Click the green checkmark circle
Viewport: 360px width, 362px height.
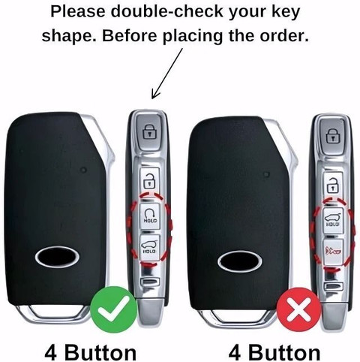(114, 309)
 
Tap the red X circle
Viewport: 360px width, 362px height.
(298, 309)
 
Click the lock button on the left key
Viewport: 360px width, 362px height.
(149, 132)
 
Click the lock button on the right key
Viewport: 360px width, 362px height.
(332, 136)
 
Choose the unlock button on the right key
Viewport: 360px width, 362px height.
(332, 186)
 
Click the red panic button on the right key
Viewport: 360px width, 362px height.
(333, 252)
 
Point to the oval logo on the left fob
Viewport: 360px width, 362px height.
(57, 257)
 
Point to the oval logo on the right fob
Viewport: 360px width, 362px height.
(240, 261)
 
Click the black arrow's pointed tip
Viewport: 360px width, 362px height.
(152, 98)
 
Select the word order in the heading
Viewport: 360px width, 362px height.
(284, 35)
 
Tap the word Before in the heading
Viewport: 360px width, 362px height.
(131, 35)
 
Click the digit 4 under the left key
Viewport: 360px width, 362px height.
(51, 352)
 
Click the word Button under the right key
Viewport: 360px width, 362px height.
(284, 352)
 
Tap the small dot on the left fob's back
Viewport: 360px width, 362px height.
(84, 170)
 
